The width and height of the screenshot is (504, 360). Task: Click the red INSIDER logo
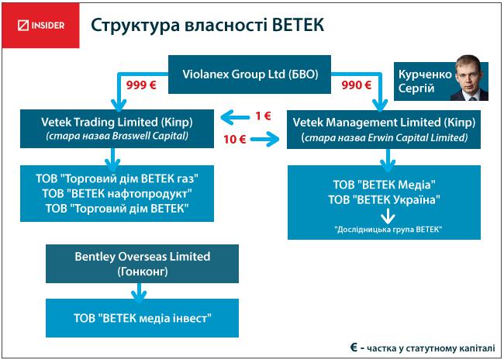pos(40,26)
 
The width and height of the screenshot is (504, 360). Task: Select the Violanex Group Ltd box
pos(250,74)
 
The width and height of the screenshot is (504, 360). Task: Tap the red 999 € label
pos(141,85)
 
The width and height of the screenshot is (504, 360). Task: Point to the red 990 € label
pos(357,85)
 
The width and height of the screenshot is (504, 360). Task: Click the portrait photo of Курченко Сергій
pos(470,78)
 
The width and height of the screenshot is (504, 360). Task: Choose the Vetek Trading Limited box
pos(117,129)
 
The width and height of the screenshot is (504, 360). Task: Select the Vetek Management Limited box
pos(384,130)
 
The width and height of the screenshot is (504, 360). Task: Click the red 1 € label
pos(263,116)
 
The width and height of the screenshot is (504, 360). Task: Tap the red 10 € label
pos(235,140)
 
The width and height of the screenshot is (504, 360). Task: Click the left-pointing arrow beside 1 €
pos(235,117)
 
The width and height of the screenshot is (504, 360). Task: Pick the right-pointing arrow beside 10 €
pos(265,140)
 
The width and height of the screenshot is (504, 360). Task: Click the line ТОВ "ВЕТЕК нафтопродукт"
pos(117,193)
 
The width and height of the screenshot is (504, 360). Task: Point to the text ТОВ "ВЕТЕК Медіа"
pos(384,185)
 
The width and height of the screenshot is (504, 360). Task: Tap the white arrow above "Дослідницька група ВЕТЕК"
pos(388,216)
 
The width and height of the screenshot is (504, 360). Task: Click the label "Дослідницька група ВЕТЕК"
pos(388,230)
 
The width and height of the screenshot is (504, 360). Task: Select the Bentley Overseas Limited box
pos(142,264)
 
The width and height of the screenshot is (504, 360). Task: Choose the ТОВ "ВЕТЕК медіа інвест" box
pos(142,318)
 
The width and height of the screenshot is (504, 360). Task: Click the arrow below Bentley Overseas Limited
pos(139,292)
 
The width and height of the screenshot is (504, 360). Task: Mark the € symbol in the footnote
pos(354,348)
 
